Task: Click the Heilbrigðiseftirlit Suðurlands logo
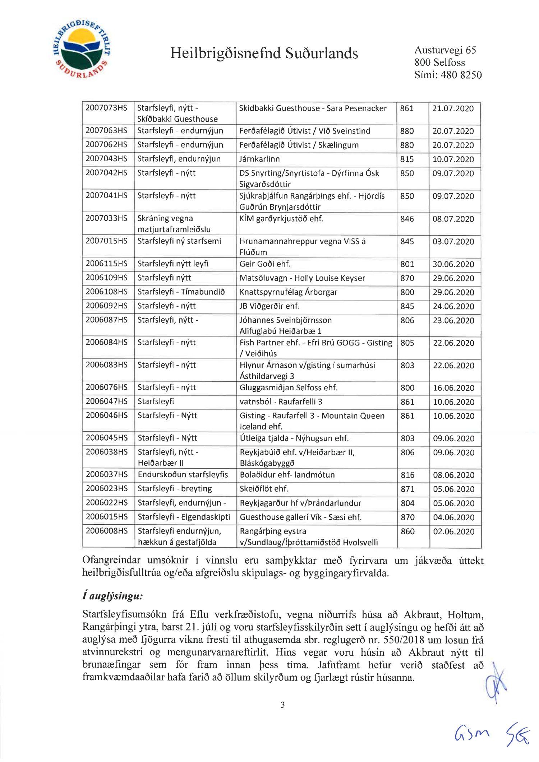pos(81,50)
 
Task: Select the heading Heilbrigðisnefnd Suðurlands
pos(264,53)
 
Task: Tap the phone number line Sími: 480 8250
pos(448,75)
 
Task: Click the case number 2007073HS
pos(106,108)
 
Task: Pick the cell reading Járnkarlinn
pos(259,159)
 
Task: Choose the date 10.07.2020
pos(453,159)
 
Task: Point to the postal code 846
pos(407,219)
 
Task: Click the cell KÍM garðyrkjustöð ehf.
pos(281,219)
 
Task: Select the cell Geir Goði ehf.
pos(265,264)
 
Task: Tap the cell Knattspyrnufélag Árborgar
pos(289,292)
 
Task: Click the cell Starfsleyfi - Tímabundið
pos(181,292)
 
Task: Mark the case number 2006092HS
pos(106,306)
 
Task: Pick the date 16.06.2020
pos(453,388)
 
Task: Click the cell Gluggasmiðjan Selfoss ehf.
pos(289,387)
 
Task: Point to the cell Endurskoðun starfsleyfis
pos(183,475)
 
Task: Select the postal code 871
pos(407,489)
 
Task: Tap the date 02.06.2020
pos(453,531)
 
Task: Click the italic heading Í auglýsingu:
pos(112,596)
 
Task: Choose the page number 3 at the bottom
pos(282,705)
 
